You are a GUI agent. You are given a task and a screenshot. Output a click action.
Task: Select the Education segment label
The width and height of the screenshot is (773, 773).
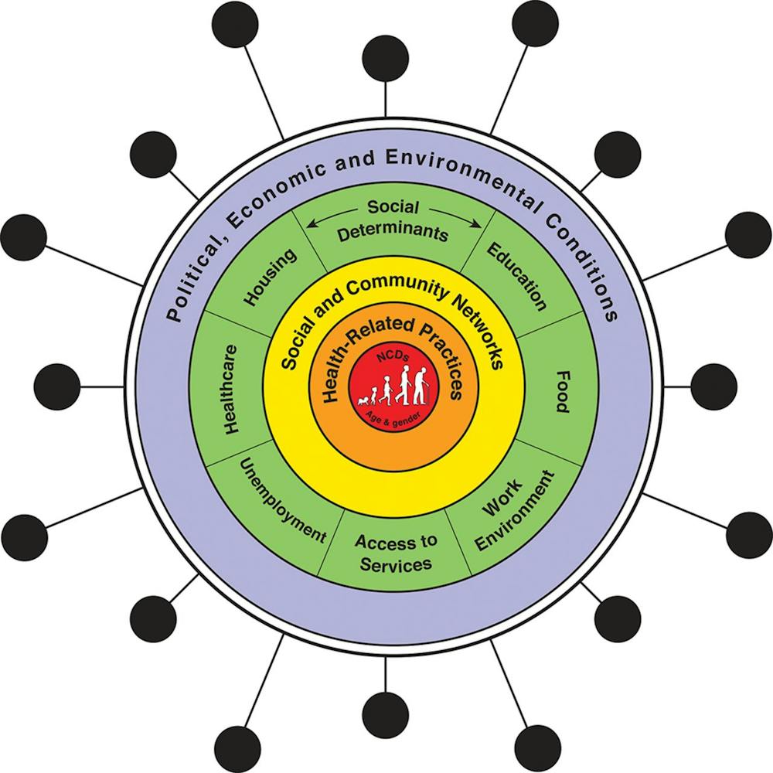pos(517,277)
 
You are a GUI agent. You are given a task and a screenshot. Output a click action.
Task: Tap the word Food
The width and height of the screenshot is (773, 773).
pos(561,392)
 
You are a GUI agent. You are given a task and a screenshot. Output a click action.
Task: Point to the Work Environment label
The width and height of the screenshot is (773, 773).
pos(512,509)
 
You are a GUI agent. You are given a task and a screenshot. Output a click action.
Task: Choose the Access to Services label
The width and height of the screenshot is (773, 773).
pos(396,552)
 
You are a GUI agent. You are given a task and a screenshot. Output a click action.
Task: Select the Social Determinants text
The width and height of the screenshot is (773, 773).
pos(393,220)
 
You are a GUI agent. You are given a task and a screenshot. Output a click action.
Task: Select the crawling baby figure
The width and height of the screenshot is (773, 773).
pos(365,400)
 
